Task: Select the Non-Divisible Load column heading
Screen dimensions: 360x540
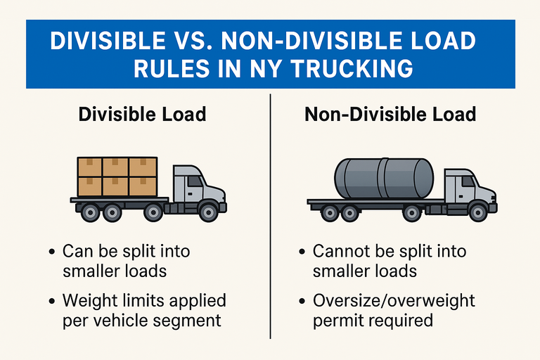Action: click(390, 113)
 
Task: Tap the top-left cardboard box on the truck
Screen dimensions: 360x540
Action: click(90, 167)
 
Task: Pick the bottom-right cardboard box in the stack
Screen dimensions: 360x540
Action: click(143, 186)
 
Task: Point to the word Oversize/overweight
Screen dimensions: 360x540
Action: click(394, 301)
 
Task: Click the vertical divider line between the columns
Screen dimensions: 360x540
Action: click(270, 211)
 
